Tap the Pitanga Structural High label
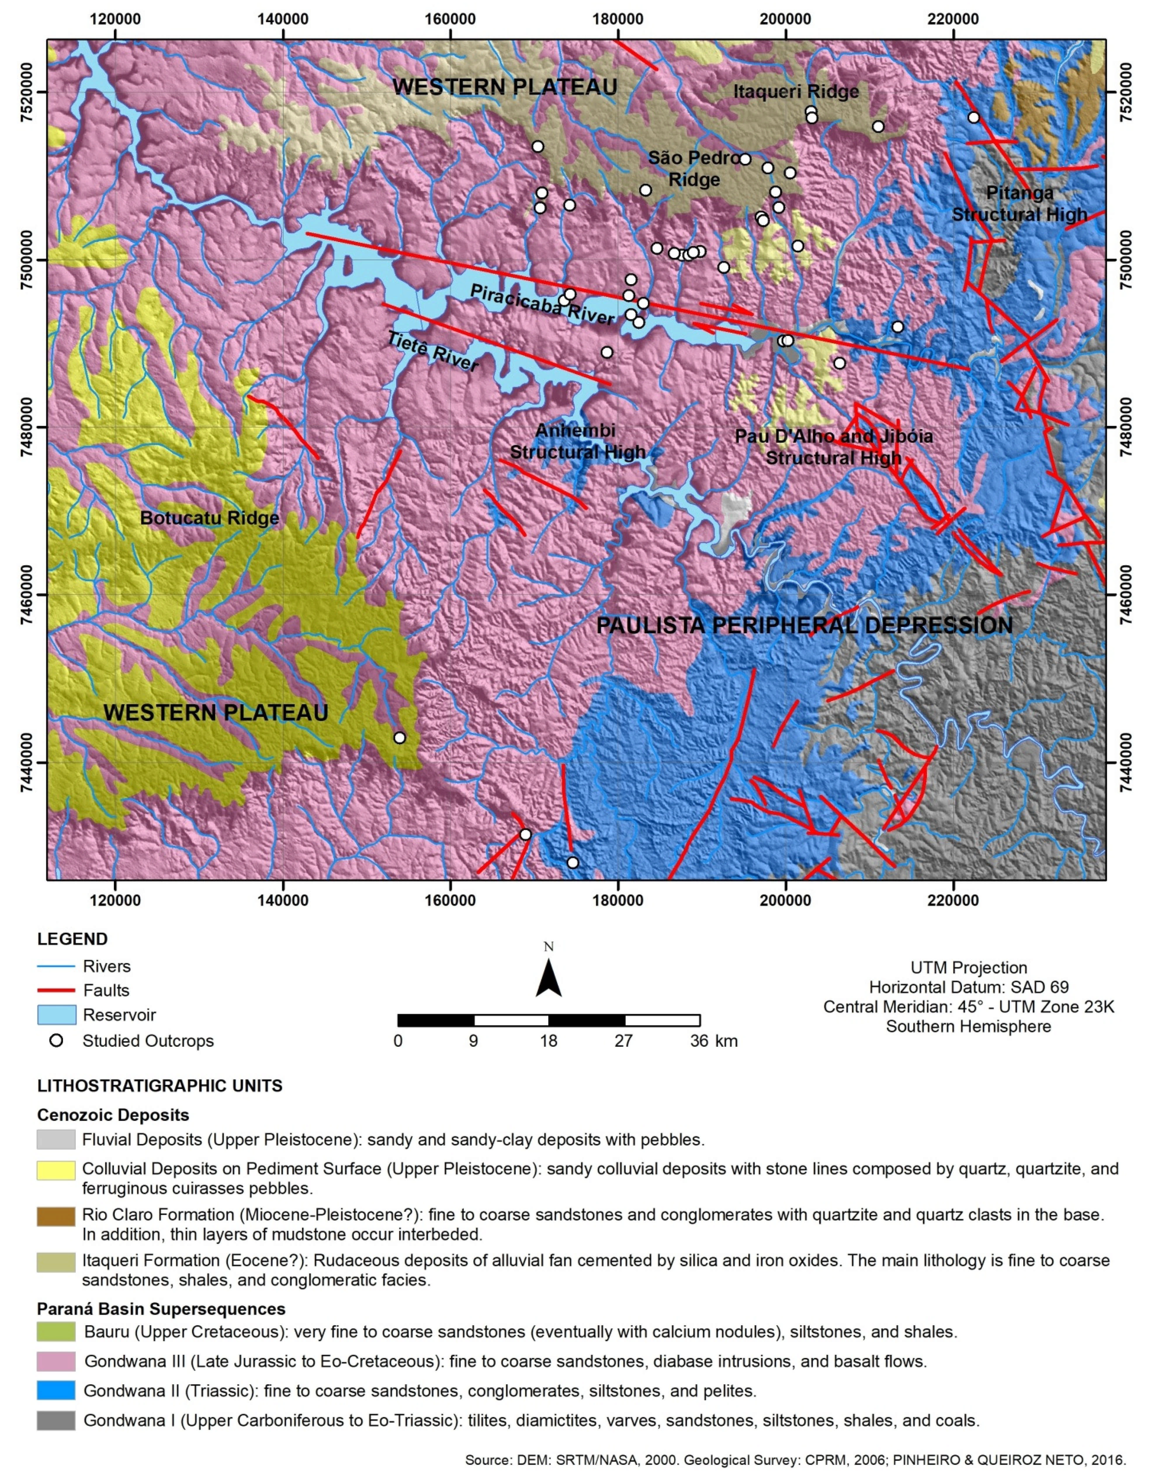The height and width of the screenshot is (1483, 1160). [1019, 204]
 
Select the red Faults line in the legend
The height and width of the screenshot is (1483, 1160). [56, 990]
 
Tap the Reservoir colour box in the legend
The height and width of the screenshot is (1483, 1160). [56, 1015]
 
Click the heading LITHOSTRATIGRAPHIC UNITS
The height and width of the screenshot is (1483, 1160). [159, 1086]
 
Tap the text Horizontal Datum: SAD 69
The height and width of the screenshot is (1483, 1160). [968, 987]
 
